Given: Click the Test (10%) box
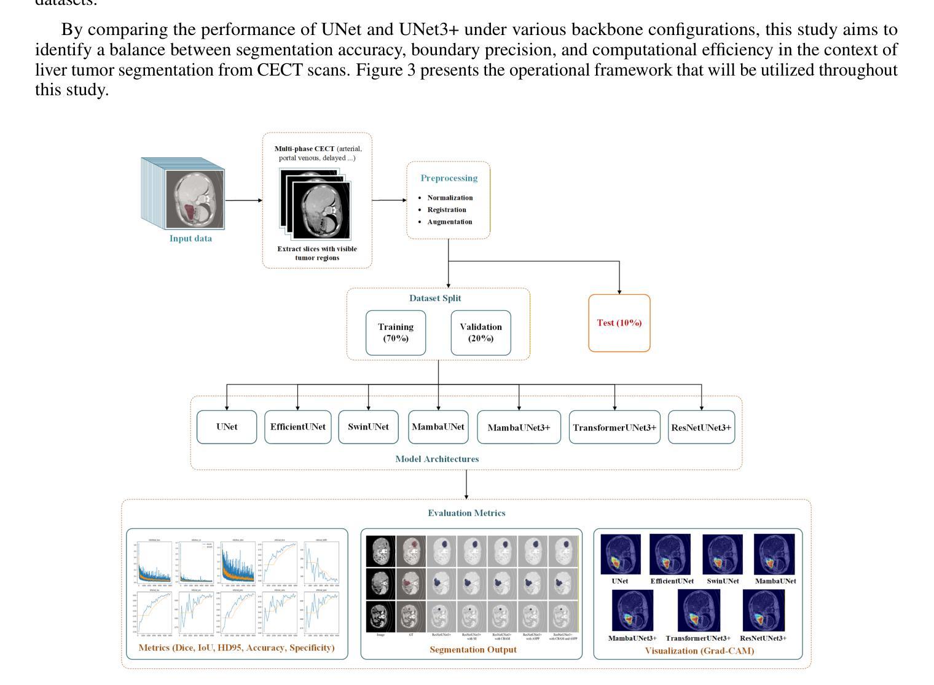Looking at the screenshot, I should tap(619, 323).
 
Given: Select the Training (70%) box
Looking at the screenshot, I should tap(396, 333).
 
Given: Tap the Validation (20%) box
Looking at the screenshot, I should tap(481, 333).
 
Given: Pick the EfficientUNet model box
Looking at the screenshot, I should tap(297, 427).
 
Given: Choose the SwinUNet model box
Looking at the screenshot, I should tap(368, 427).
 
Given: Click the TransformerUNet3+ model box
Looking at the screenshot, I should tap(614, 428).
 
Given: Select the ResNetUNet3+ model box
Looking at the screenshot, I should tap(701, 428).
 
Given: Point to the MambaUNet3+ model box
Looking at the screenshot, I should tap(519, 428).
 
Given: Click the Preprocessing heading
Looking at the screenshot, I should tap(449, 178).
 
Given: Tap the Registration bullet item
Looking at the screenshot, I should tap(447, 210).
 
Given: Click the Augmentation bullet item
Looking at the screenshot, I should tap(450, 222).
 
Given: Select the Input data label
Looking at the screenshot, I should tap(190, 239).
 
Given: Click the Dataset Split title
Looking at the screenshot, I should tap(435, 299).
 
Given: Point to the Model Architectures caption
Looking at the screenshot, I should tap(437, 459).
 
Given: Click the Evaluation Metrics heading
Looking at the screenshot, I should tap(466, 513).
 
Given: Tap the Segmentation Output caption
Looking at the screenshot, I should tap(473, 649).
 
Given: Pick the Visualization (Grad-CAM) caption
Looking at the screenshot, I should tap(699, 651).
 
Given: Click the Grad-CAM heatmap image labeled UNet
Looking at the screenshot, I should tap(620, 554).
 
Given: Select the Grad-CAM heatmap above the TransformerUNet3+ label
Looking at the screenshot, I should tap(698, 611).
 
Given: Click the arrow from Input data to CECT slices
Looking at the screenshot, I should tap(244, 200).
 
